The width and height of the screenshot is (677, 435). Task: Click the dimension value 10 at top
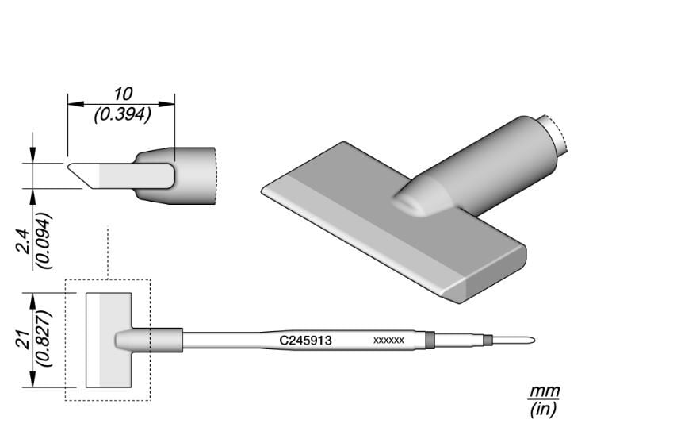tap(123, 94)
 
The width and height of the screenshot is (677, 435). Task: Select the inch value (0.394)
tap(123, 114)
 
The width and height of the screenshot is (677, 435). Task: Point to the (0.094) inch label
tap(44, 241)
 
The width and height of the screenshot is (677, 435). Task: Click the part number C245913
tap(306, 341)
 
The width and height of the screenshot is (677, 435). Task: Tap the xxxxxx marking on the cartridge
tap(388, 341)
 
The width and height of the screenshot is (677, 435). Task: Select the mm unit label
tap(545, 392)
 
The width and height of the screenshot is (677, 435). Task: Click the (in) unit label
tap(543, 409)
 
